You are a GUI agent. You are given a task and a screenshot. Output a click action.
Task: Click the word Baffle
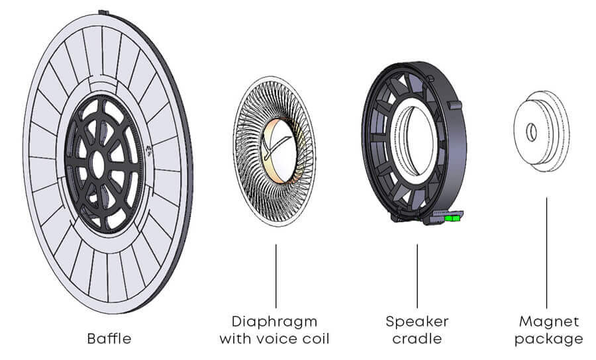coord(109,339)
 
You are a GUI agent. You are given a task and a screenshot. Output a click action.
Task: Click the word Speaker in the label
coord(417,322)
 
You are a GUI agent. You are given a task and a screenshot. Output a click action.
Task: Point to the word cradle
coord(417,339)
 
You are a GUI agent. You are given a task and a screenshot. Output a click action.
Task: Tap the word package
coord(547,339)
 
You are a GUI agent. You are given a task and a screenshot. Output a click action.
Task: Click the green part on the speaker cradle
coord(454,216)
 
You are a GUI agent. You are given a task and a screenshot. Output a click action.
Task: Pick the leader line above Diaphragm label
coord(275,275)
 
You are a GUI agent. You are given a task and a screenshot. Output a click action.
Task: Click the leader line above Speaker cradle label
coord(417,275)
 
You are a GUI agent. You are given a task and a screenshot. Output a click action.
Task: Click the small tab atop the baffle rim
coord(103,12)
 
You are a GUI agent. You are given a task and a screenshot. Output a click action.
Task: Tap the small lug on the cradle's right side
coord(455,105)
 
